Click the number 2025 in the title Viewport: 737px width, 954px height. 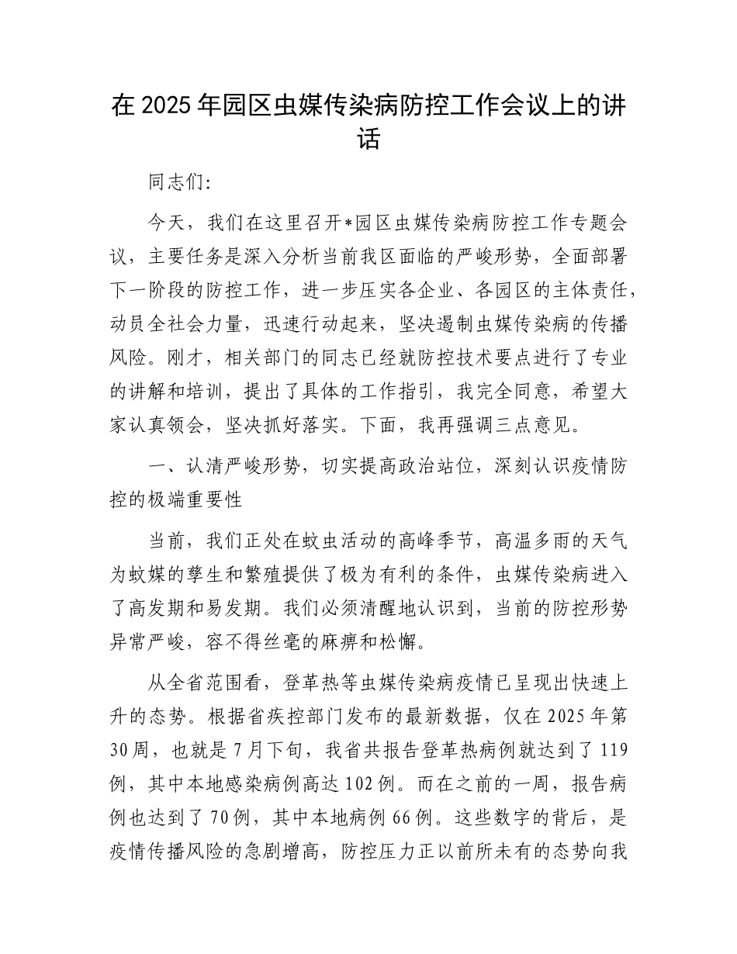(166, 106)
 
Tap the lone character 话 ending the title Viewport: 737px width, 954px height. (368, 141)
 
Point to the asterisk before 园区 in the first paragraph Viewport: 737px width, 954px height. (348, 223)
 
